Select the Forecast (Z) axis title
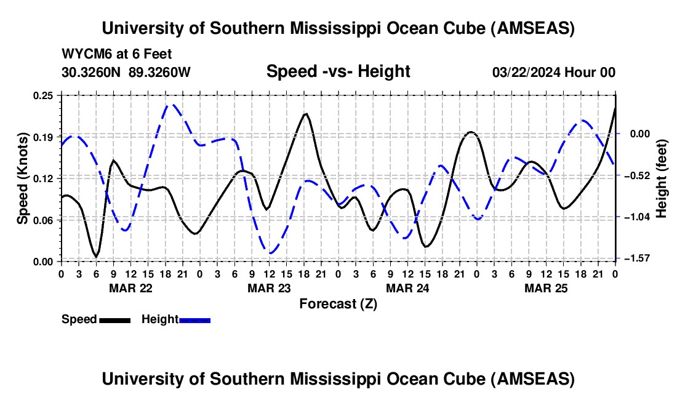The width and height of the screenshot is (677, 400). tap(338, 303)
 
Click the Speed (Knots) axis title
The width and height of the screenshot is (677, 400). tap(23, 178)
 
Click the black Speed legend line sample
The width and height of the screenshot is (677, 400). tap(114, 319)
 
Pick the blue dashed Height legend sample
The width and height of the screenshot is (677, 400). tap(194, 319)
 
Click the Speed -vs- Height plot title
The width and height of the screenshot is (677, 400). tap(338, 71)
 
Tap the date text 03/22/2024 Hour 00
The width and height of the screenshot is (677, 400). tap(554, 72)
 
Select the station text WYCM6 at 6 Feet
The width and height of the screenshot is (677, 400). tap(117, 54)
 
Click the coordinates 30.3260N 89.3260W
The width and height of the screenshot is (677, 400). tap(126, 72)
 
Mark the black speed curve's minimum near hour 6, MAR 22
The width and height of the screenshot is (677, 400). tap(95, 257)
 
